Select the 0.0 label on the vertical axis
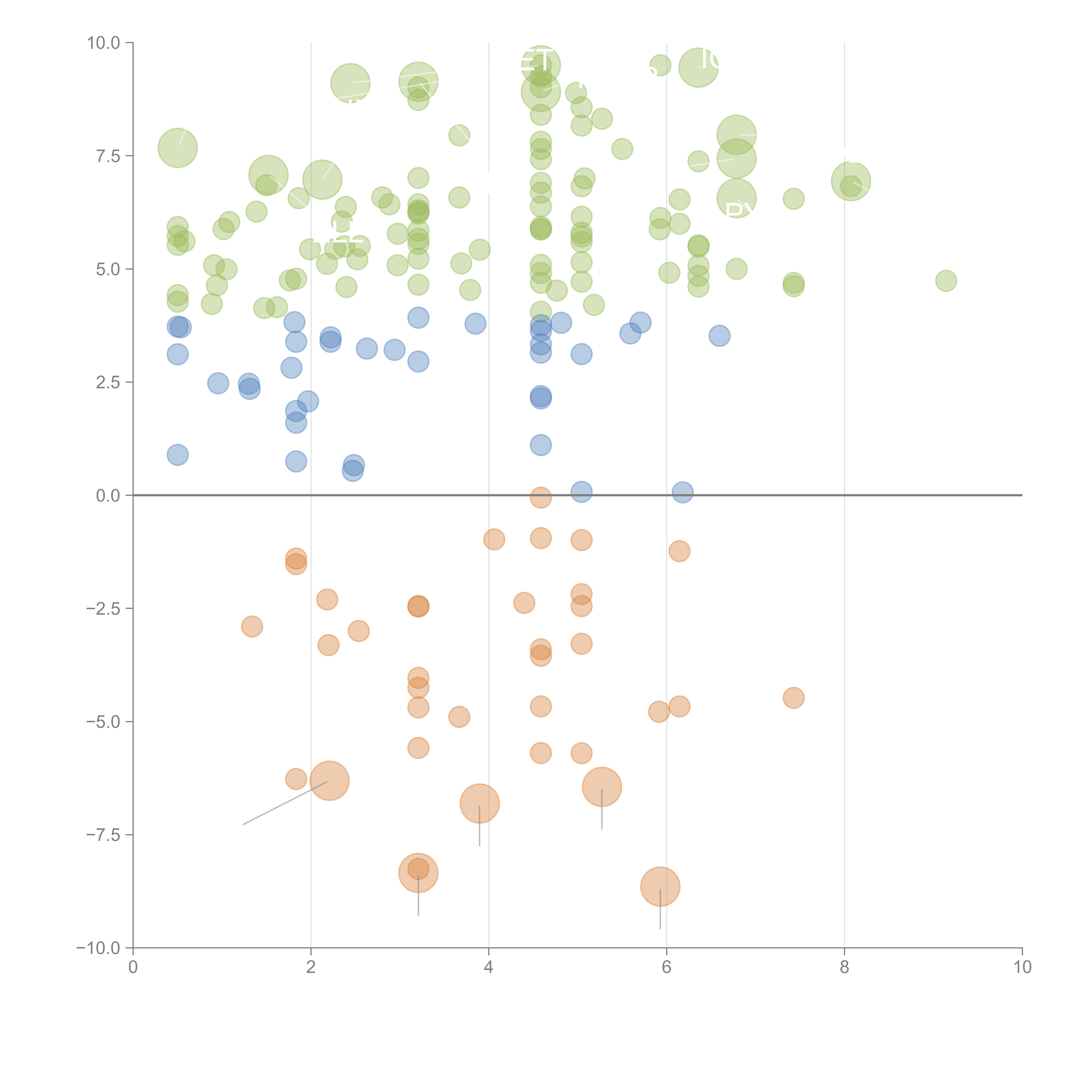108,496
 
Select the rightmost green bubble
946,281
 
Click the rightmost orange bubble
793,698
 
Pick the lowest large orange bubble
660,886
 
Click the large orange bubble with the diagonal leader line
330,781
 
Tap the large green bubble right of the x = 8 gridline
851,181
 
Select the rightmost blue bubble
719,335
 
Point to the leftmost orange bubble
252,626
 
